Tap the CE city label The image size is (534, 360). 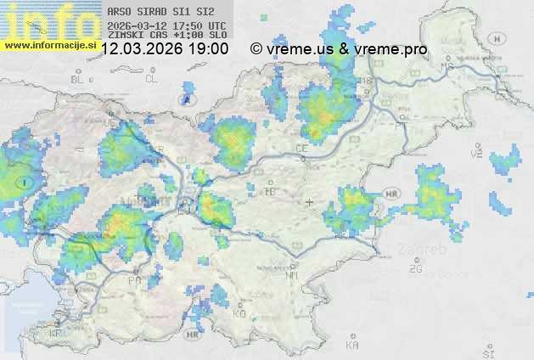point(301,149)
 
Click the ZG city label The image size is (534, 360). point(415,269)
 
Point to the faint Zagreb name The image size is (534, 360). point(426,250)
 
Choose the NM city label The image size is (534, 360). point(293,275)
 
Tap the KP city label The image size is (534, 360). point(56,334)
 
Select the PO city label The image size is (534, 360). point(134,279)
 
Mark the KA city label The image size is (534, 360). point(352,345)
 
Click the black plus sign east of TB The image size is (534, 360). point(309,202)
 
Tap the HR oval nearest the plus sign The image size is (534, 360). point(391,194)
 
